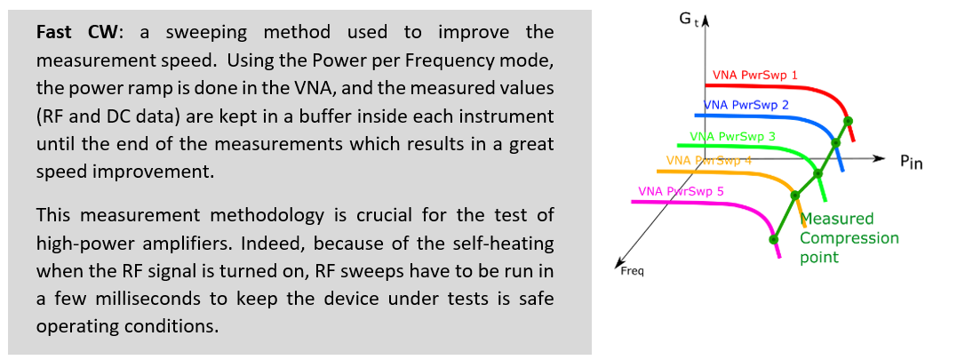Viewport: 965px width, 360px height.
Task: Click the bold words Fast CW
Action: pos(76,32)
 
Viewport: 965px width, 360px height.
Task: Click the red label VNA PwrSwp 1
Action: pos(755,76)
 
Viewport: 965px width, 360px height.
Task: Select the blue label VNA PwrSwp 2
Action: pos(746,105)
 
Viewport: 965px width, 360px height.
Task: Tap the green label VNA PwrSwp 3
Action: pos(733,137)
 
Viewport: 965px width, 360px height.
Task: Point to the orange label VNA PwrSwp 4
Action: pos(709,160)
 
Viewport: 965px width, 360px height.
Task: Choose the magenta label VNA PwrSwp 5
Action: pos(682,191)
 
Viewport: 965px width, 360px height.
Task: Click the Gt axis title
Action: pos(688,19)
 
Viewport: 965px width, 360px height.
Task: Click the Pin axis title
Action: pos(912,163)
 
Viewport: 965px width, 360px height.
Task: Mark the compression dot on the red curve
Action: pos(848,121)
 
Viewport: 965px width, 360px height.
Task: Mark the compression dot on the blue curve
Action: pos(836,143)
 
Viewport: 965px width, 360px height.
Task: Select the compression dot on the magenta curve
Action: pos(774,239)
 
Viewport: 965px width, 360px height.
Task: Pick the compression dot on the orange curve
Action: pos(794,195)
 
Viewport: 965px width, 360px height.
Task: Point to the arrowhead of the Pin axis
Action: pos(881,159)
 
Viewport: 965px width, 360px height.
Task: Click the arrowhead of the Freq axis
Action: pos(618,264)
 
